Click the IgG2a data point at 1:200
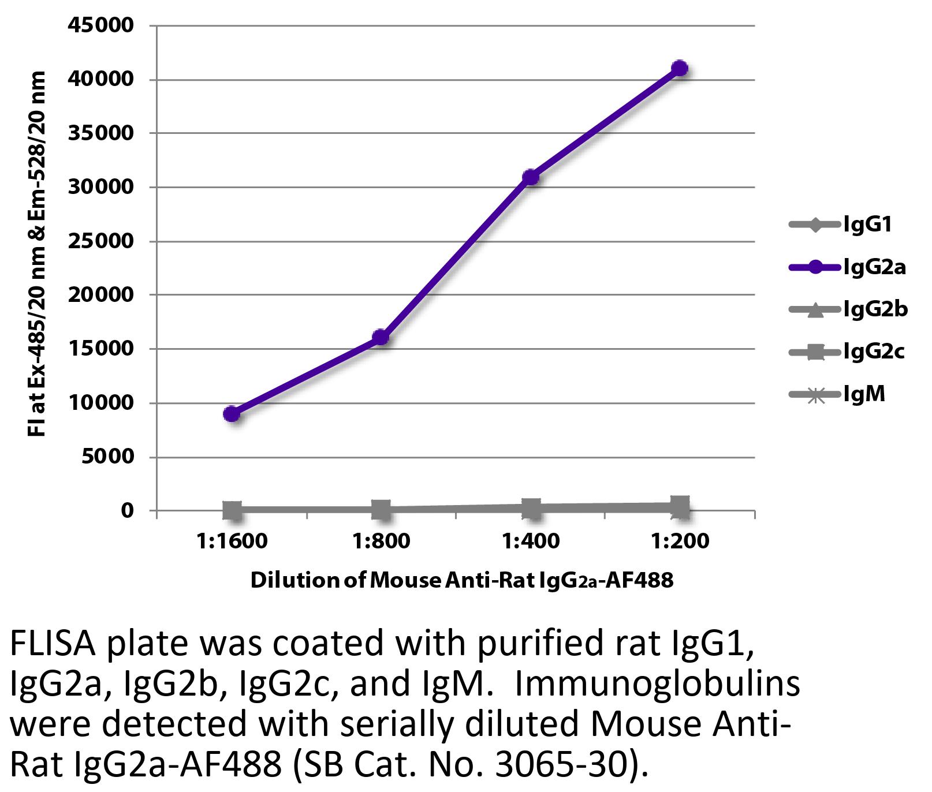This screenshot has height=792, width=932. pyautogui.click(x=680, y=68)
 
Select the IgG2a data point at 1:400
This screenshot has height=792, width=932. pyautogui.click(x=531, y=177)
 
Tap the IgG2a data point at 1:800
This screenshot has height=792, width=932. pyautogui.click(x=381, y=337)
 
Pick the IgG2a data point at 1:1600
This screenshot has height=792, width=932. pyautogui.click(x=232, y=414)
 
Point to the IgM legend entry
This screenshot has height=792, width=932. pyautogui.click(x=837, y=394)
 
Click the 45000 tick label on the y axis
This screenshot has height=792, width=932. pyautogui.click(x=101, y=25)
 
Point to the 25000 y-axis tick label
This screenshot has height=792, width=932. pyautogui.click(x=101, y=241)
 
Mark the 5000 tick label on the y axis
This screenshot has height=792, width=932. pyautogui.click(x=107, y=457)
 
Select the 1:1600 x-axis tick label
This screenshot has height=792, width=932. pyautogui.click(x=232, y=541)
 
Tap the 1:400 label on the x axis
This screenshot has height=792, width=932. pyautogui.click(x=531, y=541)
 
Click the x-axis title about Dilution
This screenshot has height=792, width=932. pyautogui.click(x=461, y=580)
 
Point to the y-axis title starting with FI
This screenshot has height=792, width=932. pyautogui.click(x=37, y=254)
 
